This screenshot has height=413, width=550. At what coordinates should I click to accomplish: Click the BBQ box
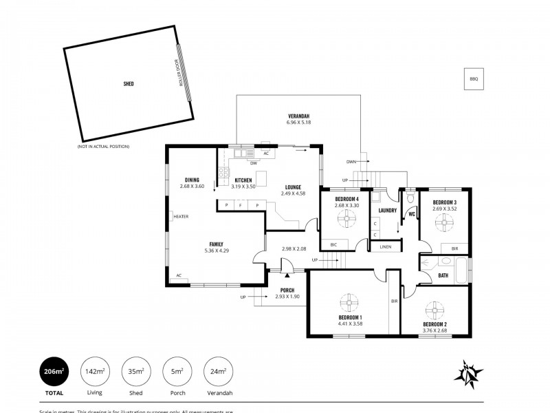pos(473,79)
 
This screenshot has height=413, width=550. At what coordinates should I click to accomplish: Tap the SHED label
pos(129,83)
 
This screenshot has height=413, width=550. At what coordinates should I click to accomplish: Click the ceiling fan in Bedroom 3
pos(445,223)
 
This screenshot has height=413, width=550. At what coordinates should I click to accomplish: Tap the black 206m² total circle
pos(53,372)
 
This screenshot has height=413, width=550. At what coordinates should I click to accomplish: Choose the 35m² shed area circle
pos(135,372)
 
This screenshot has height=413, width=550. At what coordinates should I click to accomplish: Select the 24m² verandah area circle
pos(218,372)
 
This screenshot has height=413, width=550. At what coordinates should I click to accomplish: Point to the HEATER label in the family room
pos(181,216)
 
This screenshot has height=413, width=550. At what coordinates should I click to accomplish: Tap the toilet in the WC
pos(410,198)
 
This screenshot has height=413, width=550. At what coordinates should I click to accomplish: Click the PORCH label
pos(287,290)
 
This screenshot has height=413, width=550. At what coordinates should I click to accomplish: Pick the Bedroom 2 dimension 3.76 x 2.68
pos(434,330)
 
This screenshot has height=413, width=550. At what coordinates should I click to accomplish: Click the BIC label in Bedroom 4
pos(334,244)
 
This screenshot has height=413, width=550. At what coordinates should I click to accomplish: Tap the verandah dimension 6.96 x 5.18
pos(299,122)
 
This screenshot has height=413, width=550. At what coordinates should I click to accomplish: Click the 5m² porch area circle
pos(177,372)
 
